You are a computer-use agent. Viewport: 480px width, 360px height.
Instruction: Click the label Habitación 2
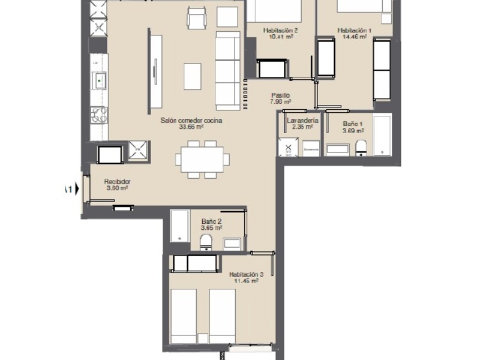point(280,30)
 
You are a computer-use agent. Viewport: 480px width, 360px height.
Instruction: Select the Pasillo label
point(280,95)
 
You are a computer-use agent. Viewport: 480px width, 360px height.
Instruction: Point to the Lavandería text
point(302,120)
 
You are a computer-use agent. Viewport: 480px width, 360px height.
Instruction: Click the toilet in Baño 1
point(361,147)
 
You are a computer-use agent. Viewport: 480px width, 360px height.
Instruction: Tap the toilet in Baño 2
point(206,242)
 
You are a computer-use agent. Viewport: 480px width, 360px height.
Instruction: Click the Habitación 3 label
point(247,274)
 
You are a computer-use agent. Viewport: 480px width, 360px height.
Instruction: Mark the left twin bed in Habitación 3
point(187,315)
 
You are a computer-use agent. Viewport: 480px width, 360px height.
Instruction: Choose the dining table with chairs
point(202,160)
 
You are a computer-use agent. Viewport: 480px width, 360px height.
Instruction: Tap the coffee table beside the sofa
point(193,76)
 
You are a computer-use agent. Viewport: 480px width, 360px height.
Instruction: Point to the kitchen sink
point(98,79)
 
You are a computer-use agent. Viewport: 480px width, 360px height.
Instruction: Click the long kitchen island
point(156,72)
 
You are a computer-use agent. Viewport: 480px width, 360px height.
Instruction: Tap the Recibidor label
point(117,182)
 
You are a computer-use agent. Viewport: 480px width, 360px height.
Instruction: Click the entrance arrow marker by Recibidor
point(70,190)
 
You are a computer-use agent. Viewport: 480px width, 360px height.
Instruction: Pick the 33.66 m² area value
point(191,127)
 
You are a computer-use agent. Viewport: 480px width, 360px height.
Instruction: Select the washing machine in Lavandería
point(288,148)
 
